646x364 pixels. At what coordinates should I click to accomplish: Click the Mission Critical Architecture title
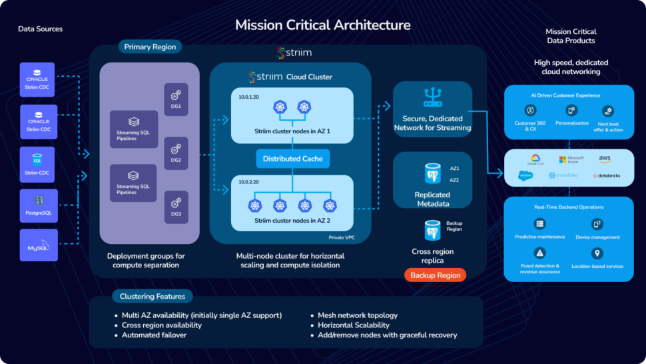tap(322, 25)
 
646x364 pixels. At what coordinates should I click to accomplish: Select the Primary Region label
tap(150, 47)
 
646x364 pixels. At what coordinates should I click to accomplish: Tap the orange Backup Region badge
tap(435, 275)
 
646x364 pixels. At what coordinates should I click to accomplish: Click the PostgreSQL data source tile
tap(39, 205)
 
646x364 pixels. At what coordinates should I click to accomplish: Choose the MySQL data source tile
tap(39, 245)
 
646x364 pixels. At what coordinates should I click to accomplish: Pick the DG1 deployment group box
tap(176, 99)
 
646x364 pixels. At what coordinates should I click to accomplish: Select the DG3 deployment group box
tap(176, 207)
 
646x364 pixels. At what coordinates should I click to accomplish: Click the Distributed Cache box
tap(292, 159)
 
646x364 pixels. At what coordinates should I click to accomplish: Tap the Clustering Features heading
tap(153, 296)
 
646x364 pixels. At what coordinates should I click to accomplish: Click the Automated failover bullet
tap(154, 335)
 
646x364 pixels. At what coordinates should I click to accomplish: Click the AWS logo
tap(604, 159)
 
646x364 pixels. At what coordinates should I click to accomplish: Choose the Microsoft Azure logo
tap(571, 159)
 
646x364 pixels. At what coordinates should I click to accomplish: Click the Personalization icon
tap(571, 111)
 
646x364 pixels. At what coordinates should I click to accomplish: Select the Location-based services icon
tap(597, 253)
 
